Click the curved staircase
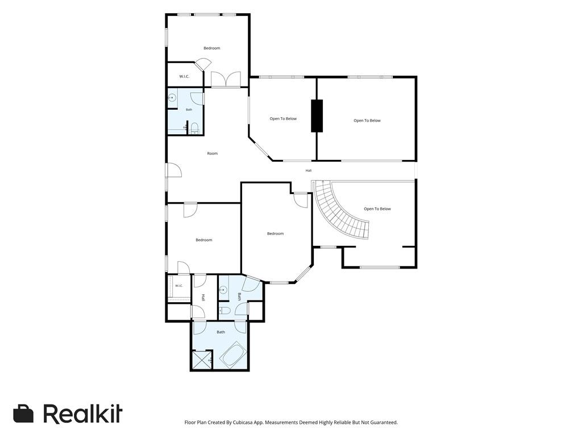point(336,216)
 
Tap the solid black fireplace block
point(317,116)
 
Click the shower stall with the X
point(202,360)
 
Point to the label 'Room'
point(213,154)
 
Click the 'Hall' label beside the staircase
point(309,171)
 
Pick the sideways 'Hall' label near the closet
point(203,298)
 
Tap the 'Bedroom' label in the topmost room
point(212,48)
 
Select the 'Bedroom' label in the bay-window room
point(276,234)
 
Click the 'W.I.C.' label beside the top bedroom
point(185,77)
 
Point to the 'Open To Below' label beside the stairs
point(377,209)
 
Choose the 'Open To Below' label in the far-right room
point(367,121)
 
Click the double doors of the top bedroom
point(226,79)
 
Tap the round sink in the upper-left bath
point(172,98)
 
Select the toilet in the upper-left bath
point(195,128)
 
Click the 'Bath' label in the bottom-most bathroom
point(221,332)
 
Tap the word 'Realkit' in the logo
point(82,414)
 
